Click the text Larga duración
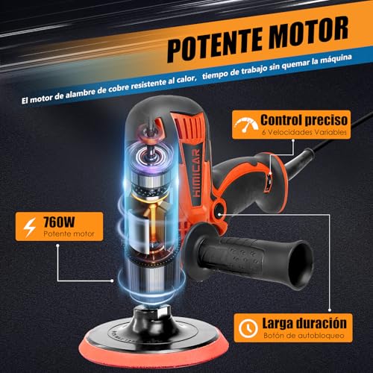click(304, 324)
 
